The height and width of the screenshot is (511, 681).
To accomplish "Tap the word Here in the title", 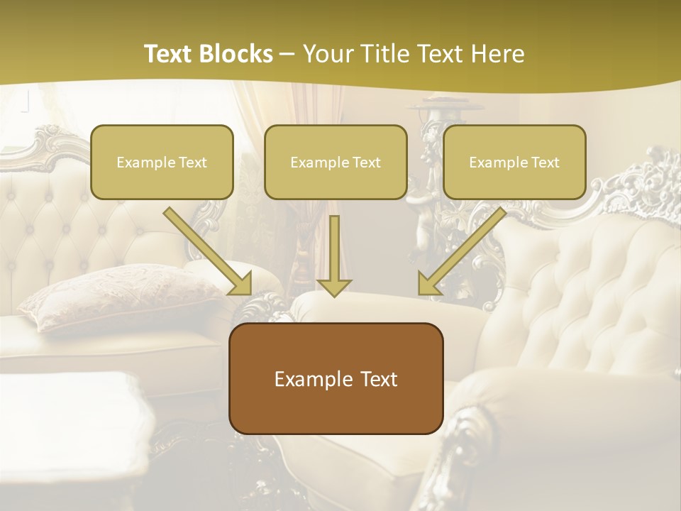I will pyautogui.click(x=497, y=54).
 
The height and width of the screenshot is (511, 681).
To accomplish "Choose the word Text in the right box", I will pyautogui.click(x=544, y=163).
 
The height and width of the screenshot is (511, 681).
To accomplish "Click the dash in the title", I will pyautogui.click(x=287, y=54).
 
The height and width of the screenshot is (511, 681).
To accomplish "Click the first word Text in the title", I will pyautogui.click(x=171, y=54).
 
